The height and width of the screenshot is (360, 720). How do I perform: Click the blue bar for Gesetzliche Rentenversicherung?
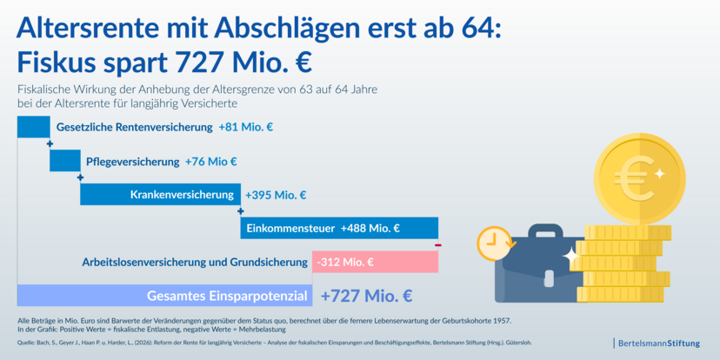(34, 127)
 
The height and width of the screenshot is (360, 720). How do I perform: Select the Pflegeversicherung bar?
(65, 161)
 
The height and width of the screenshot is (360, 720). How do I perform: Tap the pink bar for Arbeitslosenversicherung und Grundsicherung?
(375, 262)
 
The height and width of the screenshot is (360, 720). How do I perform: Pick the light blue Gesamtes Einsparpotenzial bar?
(165, 296)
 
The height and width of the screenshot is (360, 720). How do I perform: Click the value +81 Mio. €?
(246, 127)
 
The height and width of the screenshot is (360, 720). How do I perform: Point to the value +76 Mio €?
(211, 162)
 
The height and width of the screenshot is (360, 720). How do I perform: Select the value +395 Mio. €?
(276, 195)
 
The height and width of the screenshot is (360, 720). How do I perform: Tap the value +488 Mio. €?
(370, 228)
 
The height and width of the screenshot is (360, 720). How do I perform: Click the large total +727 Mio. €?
(366, 296)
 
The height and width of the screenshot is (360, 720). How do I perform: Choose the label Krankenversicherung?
(182, 195)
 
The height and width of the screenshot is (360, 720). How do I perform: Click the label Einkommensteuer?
(290, 228)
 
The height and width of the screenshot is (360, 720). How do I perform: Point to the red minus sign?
(438, 245)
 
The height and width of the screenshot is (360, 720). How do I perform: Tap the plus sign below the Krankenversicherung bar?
(240, 211)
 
